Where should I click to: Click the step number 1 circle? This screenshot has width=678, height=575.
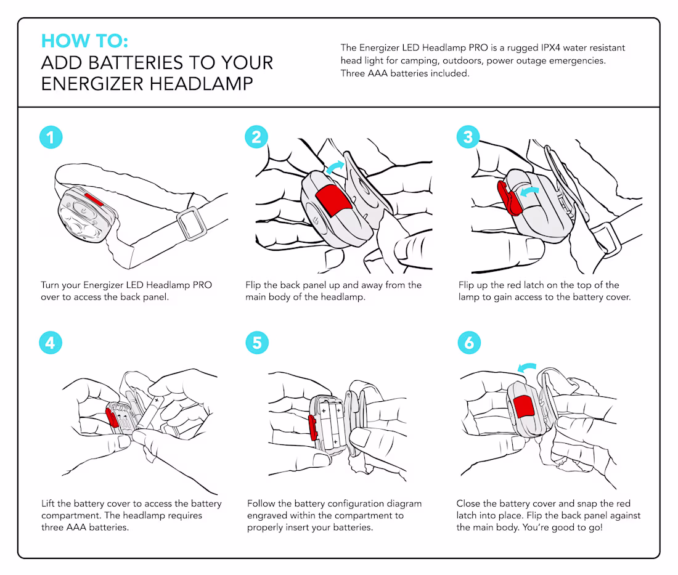[x=51, y=137]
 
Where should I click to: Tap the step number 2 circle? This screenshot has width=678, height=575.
[x=256, y=137]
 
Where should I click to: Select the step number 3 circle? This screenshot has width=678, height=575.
[x=468, y=137]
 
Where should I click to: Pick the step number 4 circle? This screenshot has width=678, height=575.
[x=51, y=342]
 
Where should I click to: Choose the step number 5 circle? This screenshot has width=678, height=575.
[x=256, y=342]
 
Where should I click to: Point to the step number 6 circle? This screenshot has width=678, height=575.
[x=468, y=342]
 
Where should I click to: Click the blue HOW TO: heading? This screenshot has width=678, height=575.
[x=84, y=41]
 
